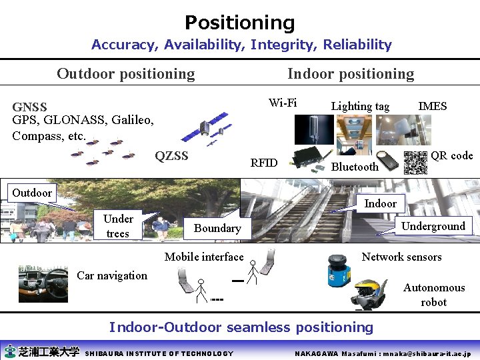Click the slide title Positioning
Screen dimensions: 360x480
(x=239, y=23)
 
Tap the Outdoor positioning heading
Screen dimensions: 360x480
(x=125, y=74)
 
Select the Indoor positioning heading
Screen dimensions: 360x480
(x=350, y=74)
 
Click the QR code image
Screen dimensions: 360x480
(x=415, y=163)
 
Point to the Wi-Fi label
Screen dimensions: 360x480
(x=283, y=103)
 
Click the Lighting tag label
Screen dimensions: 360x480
(x=360, y=106)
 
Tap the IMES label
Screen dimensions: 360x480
(x=432, y=106)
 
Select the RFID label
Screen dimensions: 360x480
(x=263, y=163)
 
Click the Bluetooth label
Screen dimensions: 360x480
(x=354, y=167)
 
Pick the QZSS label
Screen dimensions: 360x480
(x=171, y=157)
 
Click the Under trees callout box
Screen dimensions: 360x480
(x=118, y=226)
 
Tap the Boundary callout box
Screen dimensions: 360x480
(x=217, y=228)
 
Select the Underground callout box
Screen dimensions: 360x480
(x=433, y=226)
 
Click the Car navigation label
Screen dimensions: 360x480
(x=112, y=275)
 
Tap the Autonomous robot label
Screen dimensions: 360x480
(x=434, y=295)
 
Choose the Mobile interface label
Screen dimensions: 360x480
(x=204, y=257)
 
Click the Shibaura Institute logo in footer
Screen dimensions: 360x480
(x=41, y=352)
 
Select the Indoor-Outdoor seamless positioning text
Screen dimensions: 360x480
(x=241, y=327)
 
